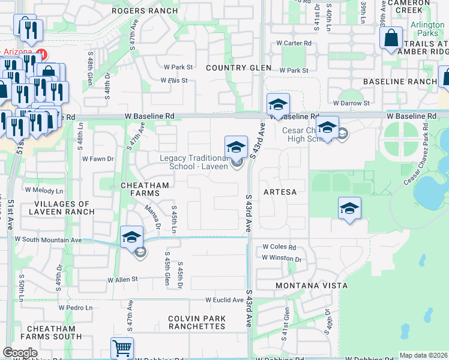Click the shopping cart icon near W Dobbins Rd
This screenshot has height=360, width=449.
click(122, 347)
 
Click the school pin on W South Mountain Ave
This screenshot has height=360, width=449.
click(131, 236)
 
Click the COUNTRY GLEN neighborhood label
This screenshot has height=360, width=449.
click(238, 68)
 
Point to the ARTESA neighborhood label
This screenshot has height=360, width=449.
click(280, 191)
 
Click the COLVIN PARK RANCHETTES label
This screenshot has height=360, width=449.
click(197, 322)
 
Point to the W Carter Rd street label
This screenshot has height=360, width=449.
click(294, 43)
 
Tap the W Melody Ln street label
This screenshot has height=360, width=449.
click(43, 190)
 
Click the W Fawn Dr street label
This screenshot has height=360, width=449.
click(98, 158)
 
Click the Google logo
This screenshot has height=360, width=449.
click(20, 353)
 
